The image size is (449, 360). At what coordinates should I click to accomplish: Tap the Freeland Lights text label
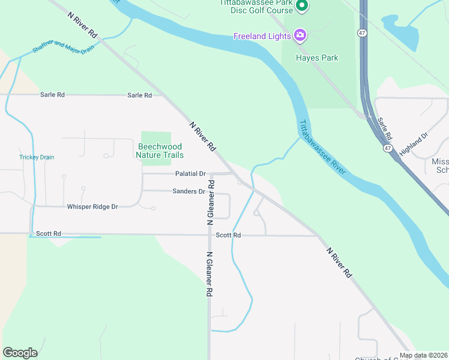coord(262,37)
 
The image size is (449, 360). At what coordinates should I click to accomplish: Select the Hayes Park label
coord(317,58)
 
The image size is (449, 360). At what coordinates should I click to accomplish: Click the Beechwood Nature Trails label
coord(160,151)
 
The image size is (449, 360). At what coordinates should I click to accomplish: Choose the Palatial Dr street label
coord(190,174)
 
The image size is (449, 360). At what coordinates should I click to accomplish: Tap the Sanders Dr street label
coord(188,191)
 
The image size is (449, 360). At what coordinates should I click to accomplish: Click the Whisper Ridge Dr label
coord(92,206)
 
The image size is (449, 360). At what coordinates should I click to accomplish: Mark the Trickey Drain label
coord(37,157)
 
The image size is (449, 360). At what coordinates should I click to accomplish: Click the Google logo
coord(20,352)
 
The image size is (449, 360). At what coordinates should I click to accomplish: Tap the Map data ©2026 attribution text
coord(424,355)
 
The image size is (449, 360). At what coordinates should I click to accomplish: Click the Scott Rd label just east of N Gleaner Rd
coord(228,235)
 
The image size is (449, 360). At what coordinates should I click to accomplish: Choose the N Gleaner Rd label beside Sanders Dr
coord(211,201)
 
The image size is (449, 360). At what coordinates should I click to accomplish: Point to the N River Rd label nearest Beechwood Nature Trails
coord(202,136)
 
